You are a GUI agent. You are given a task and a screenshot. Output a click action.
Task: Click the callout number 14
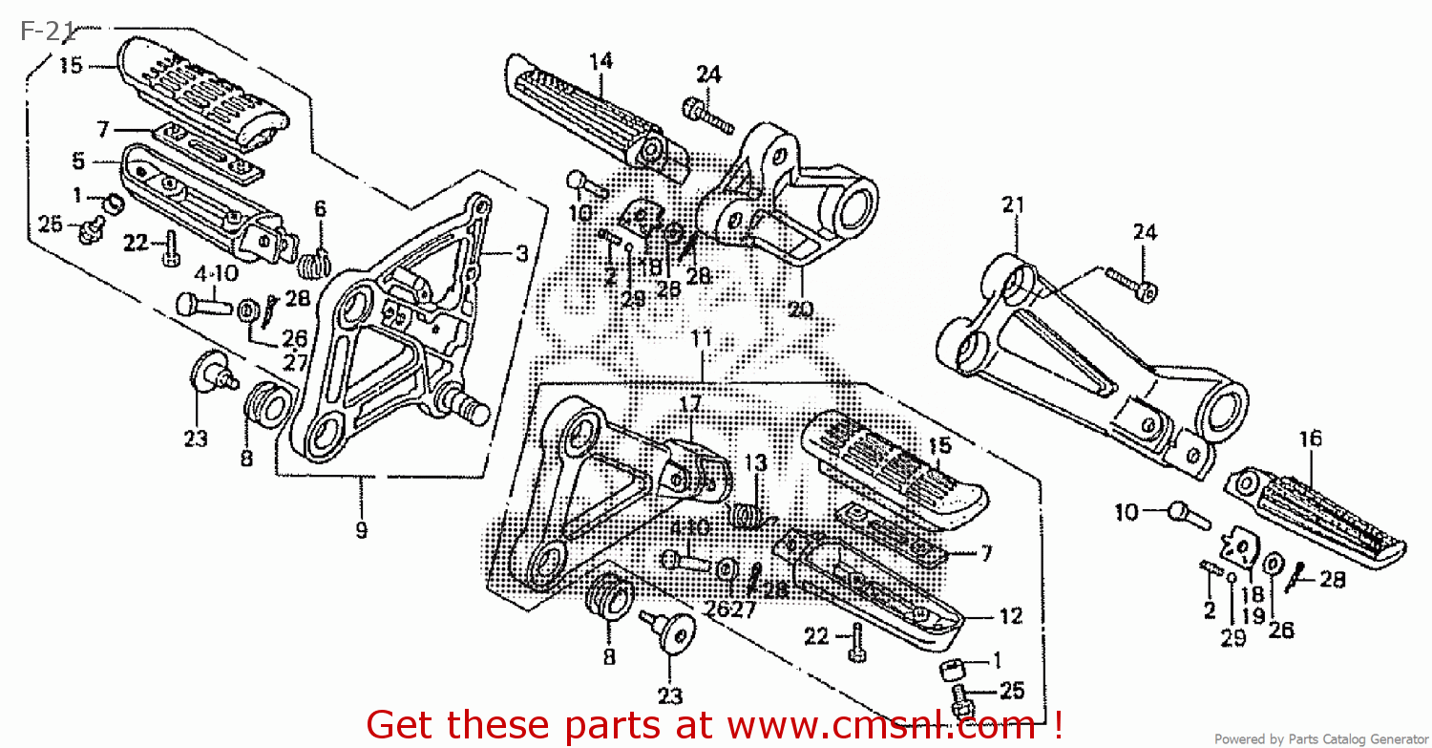[600, 61]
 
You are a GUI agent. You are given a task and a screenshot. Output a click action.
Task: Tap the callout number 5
[78, 161]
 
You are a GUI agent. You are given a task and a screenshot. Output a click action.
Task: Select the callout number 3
[521, 253]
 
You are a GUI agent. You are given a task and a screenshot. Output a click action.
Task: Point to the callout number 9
[361, 530]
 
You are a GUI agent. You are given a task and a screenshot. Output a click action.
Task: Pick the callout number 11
[702, 338]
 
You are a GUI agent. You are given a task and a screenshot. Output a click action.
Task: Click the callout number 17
[690, 404]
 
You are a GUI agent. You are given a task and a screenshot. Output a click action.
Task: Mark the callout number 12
[1011, 616]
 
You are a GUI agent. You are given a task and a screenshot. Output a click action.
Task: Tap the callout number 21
[1013, 203]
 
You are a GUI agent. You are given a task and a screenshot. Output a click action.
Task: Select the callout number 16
[1311, 438]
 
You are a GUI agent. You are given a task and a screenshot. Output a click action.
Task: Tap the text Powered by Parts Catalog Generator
[1321, 738]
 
